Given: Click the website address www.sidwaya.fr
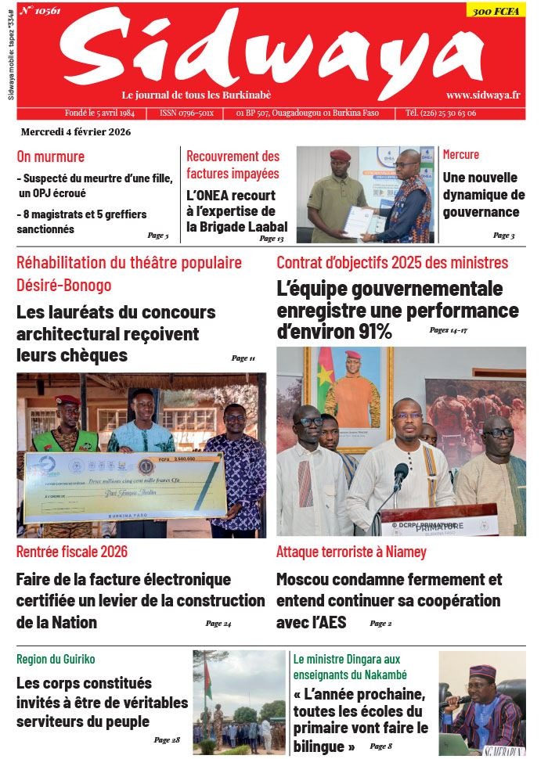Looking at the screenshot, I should point(483,95).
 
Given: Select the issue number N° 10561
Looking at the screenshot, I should point(41,10).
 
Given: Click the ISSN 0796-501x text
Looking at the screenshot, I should point(186,113).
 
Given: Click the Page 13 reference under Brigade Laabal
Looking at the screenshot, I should point(272,239).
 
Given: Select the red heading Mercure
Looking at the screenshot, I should point(461,154).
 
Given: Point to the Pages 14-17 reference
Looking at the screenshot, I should point(448,330).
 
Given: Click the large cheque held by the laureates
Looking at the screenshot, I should point(125,485).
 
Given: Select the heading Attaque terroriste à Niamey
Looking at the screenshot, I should point(352,552).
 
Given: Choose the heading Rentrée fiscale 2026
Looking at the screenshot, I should point(72,552).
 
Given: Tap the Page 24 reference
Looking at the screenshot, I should point(218,624).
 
